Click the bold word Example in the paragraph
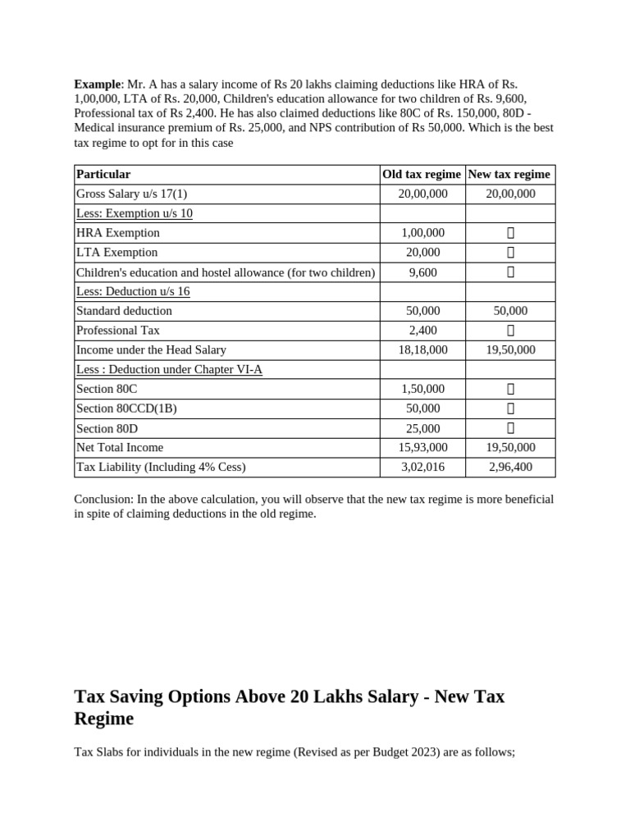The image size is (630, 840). point(97,84)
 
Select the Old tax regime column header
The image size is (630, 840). point(422,174)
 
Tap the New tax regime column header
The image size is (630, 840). point(509,174)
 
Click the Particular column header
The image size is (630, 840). point(103,174)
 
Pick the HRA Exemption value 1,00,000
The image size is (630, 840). point(422,233)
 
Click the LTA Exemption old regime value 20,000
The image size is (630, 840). point(422,253)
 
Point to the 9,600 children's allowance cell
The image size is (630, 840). point(422,272)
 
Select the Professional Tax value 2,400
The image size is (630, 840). point(422,331)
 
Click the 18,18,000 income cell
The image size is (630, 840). point(422,349)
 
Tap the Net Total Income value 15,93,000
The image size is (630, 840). point(422,447)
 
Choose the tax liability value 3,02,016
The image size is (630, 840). point(422,467)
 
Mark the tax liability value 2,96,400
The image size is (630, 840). point(509,467)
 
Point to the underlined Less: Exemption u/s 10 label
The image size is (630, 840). point(134,213)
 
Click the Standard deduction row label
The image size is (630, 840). point(124,311)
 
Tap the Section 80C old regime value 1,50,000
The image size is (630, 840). point(422,389)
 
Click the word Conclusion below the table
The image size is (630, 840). point(103,499)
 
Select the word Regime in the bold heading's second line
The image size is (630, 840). point(104,719)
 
